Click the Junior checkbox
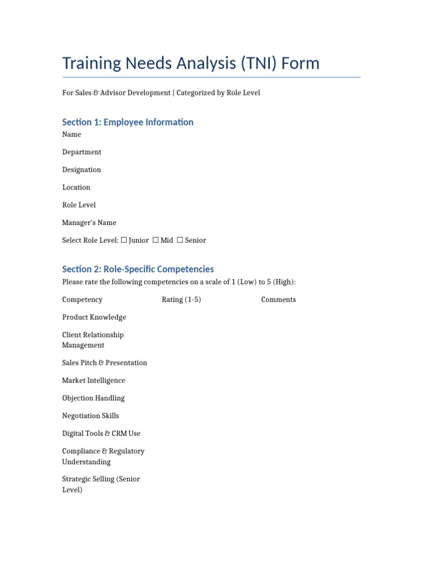(124, 240)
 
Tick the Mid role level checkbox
(156, 240)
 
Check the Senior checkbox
(180, 240)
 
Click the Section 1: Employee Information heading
(128, 122)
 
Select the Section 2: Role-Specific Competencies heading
(138, 269)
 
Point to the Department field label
(82, 152)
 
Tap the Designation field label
(82, 170)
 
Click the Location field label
(76, 187)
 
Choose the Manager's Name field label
(89, 223)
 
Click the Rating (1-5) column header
(181, 300)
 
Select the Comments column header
(278, 300)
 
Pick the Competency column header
(82, 300)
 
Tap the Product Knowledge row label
(94, 317)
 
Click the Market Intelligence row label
(94, 381)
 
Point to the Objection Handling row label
(94, 398)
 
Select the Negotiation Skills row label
(90, 416)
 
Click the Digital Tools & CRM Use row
(101, 433)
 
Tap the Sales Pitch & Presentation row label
(105, 363)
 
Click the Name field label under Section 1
(72, 134)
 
